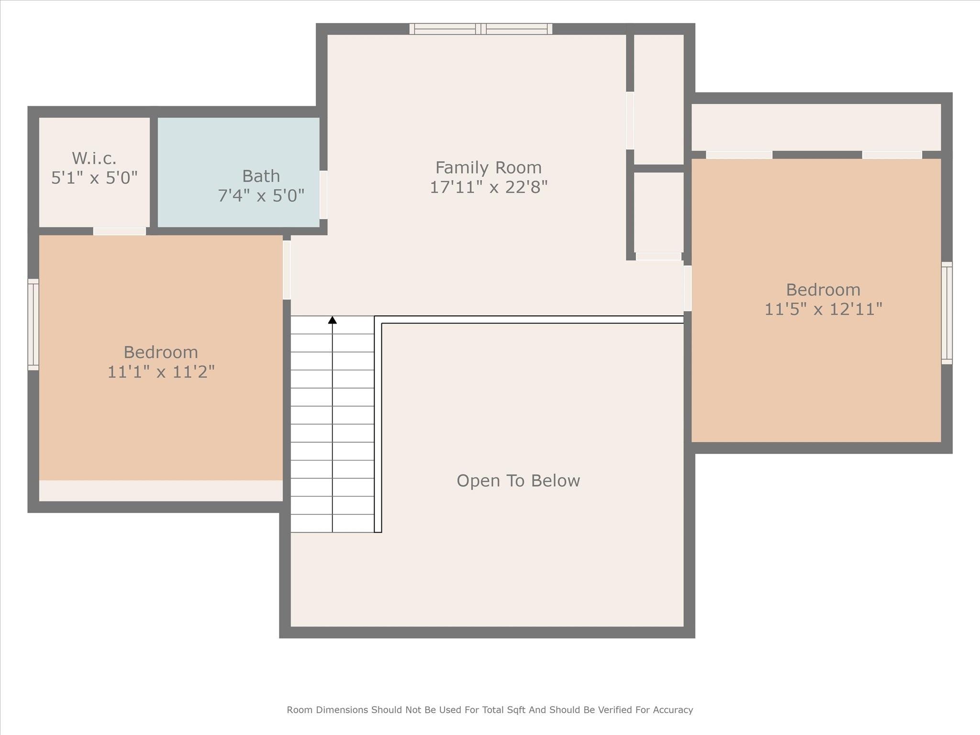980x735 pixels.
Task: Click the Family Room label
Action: pyautogui.click(x=488, y=167)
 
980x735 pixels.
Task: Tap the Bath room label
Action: pyautogui.click(x=261, y=176)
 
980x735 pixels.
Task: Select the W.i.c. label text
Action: pyautogui.click(x=94, y=158)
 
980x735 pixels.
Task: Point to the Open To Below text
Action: pyautogui.click(x=518, y=480)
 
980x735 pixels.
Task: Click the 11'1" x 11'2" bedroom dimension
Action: pyautogui.click(x=161, y=371)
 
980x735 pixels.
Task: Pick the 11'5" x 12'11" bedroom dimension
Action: pyautogui.click(x=823, y=309)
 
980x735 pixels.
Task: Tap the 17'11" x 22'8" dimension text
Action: pyautogui.click(x=488, y=187)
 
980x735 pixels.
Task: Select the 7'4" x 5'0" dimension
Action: pyautogui.click(x=261, y=195)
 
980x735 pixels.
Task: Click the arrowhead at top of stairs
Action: pyautogui.click(x=332, y=320)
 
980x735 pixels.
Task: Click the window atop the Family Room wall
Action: pyautogui.click(x=481, y=29)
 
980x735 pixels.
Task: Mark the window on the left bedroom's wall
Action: pyautogui.click(x=33, y=324)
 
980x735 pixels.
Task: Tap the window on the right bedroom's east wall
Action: pyautogui.click(x=947, y=313)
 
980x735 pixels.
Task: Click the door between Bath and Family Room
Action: pyautogui.click(x=323, y=195)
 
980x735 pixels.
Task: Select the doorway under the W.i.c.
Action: pyautogui.click(x=119, y=231)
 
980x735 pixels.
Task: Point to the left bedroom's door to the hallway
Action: pyautogui.click(x=287, y=270)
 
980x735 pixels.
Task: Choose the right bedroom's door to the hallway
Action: pyautogui.click(x=687, y=288)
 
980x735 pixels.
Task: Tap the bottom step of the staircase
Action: pyautogui.click(x=332, y=523)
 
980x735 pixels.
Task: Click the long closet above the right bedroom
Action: pyautogui.click(x=816, y=127)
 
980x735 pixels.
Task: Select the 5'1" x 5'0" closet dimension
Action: pyautogui.click(x=94, y=178)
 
